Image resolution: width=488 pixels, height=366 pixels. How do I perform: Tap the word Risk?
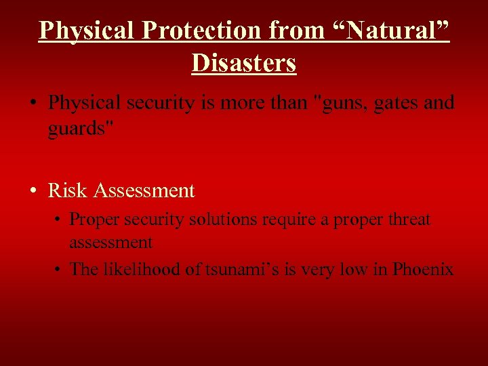pos(68,191)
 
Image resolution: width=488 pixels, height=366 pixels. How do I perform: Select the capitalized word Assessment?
pos(144,191)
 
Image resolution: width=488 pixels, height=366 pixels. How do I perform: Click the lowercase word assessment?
pos(110,242)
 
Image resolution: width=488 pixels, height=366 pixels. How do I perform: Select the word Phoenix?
pos(422,269)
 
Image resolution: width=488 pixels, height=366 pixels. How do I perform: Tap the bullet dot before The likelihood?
pos(59,270)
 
